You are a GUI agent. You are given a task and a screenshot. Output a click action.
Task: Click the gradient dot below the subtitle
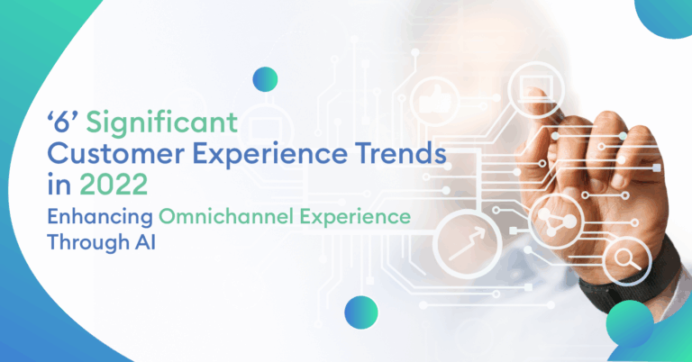click(360, 311)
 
